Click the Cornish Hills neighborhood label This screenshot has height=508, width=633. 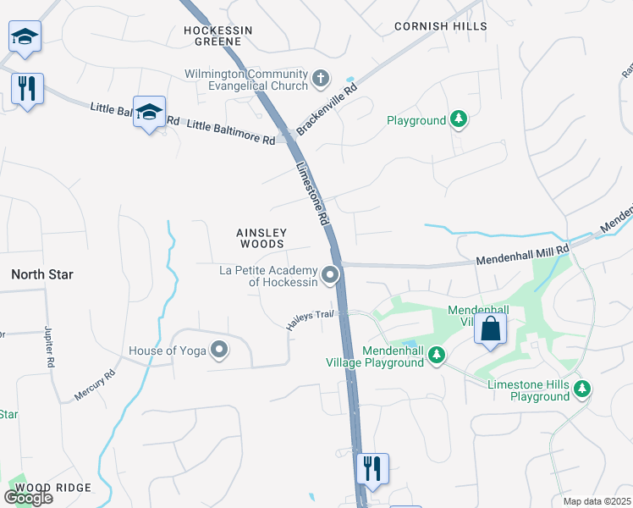[x=440, y=26]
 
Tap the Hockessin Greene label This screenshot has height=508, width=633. [x=218, y=35]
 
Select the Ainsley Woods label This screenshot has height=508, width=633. [x=262, y=238]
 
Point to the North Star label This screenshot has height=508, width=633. [x=41, y=275]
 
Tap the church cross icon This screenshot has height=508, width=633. [x=321, y=80]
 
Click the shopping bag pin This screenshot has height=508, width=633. [x=491, y=329]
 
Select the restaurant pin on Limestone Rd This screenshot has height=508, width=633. [x=372, y=468]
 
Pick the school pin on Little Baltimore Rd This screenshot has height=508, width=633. [x=149, y=112]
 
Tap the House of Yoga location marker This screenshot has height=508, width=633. [x=219, y=350]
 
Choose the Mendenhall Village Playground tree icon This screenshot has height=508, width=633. [x=437, y=355]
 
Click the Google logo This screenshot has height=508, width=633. [x=28, y=497]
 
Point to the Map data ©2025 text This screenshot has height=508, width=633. [x=597, y=501]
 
